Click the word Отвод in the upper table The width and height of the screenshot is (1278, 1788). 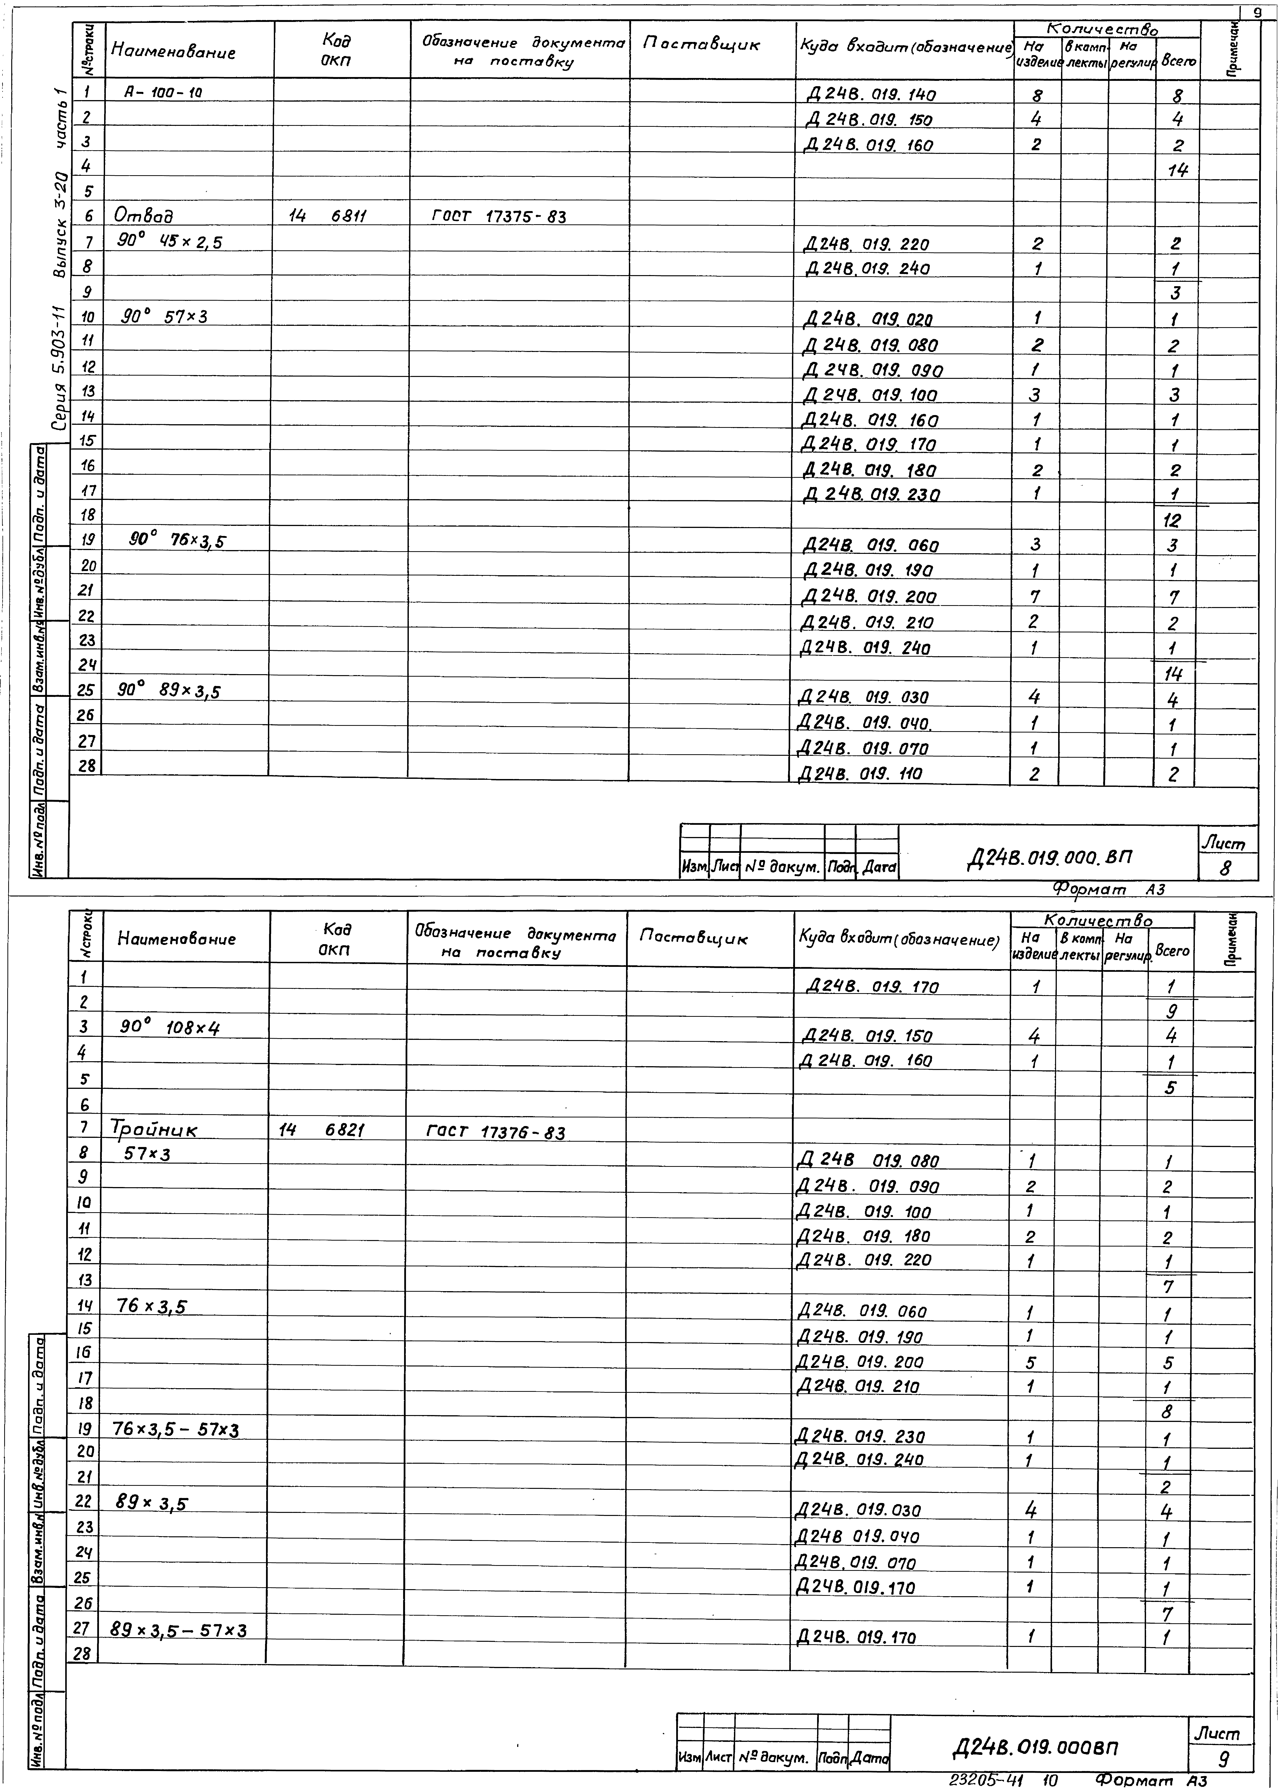[144, 215]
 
